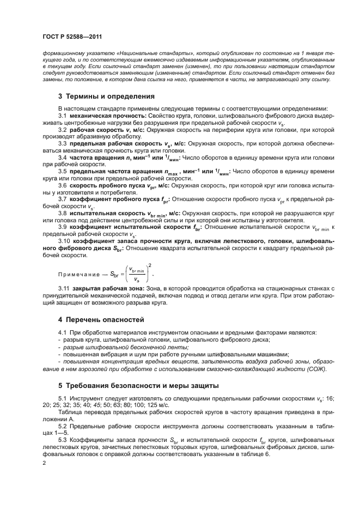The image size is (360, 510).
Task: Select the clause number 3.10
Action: coord(65,241)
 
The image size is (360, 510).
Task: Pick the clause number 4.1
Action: coord(63,332)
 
